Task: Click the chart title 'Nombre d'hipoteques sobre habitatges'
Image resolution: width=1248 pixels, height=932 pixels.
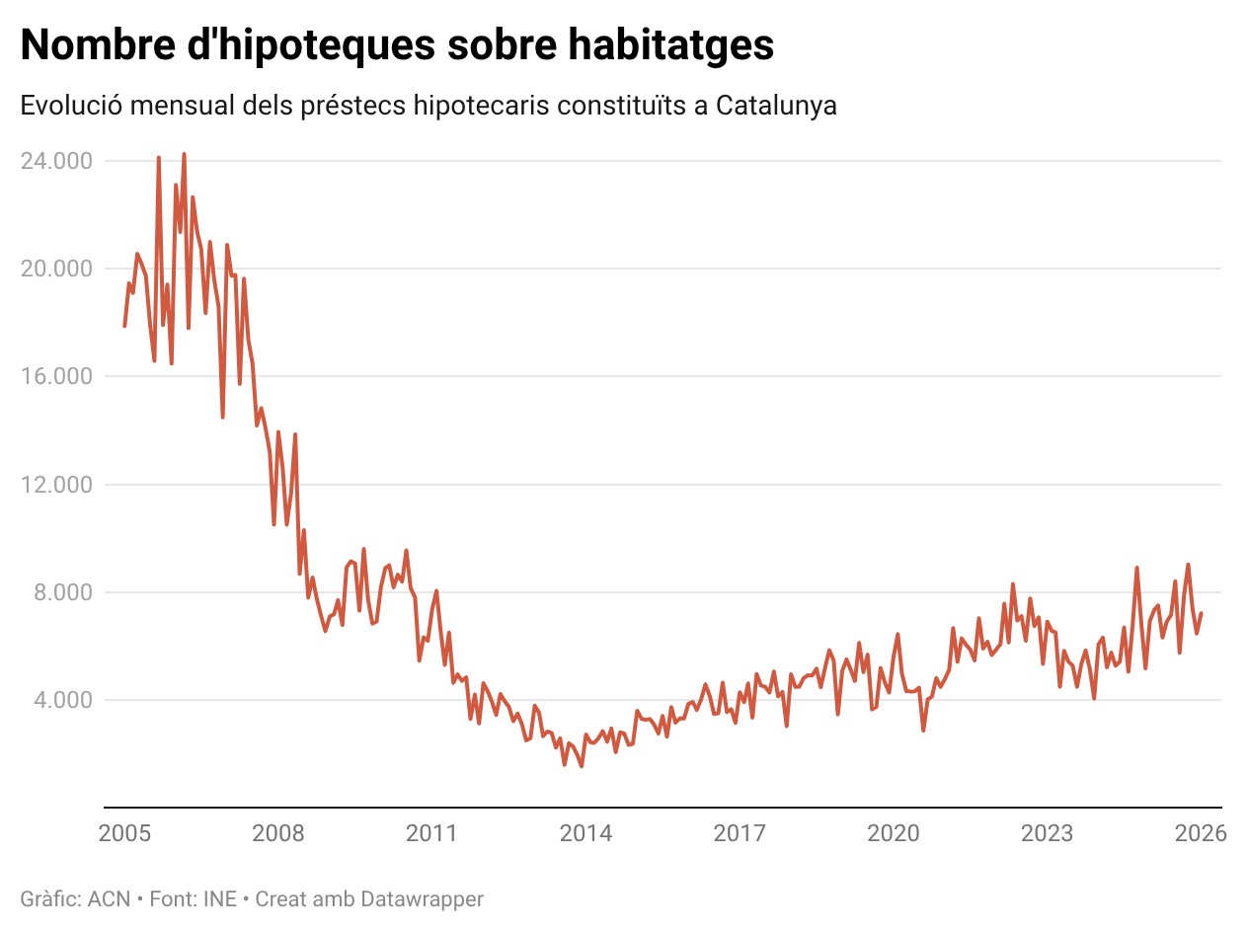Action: pos(397,45)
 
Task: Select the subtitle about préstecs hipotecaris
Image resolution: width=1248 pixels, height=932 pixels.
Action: pos(429,106)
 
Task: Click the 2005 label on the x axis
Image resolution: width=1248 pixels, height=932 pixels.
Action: pos(125,833)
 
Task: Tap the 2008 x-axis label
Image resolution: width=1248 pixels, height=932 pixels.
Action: pos(278,833)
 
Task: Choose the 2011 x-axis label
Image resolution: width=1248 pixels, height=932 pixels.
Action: pos(431,833)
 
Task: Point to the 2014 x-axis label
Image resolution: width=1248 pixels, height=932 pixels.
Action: pos(585,833)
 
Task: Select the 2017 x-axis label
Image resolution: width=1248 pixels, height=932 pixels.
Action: pos(740,833)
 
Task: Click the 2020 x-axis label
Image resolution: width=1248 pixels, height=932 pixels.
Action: pos(894,833)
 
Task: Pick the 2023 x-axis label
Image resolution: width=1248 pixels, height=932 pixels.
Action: pos(1047,833)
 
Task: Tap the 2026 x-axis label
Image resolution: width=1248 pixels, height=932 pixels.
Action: pos(1200,833)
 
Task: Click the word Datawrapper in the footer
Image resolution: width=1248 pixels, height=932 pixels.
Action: pos(423,899)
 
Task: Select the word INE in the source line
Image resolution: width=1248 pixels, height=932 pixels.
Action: pos(219,899)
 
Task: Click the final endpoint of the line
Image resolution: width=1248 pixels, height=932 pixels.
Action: pos(1201,613)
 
